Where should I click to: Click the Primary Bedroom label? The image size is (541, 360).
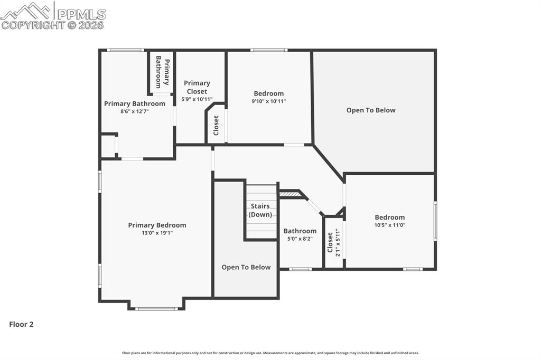click(157, 225)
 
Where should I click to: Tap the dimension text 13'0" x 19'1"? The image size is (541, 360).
click(157, 233)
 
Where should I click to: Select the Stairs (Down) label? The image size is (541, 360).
click(260, 210)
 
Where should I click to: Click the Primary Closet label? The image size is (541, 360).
click(197, 87)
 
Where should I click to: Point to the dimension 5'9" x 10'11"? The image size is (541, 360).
click(197, 99)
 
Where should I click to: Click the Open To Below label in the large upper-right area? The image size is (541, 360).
click(371, 110)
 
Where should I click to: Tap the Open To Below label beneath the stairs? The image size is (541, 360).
click(246, 267)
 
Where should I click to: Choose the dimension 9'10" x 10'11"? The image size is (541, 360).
click(268, 101)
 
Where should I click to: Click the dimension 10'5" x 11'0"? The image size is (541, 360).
click(390, 225)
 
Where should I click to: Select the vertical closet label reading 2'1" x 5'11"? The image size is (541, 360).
click(333, 243)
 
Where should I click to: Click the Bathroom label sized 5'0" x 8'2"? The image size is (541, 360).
click(300, 231)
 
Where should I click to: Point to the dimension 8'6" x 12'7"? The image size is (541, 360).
click(134, 111)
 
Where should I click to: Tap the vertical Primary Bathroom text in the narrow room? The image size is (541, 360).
click(162, 72)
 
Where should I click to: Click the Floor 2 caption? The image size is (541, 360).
click(21, 325)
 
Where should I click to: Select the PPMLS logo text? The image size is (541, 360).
click(81, 13)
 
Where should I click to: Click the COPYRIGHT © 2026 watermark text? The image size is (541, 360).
click(53, 25)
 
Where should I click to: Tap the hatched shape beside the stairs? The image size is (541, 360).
click(290, 194)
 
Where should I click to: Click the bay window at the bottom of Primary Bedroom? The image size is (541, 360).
click(156, 308)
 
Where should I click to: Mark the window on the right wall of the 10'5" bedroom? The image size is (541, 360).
click(435, 221)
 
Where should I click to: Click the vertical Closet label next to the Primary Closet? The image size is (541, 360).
click(216, 125)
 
